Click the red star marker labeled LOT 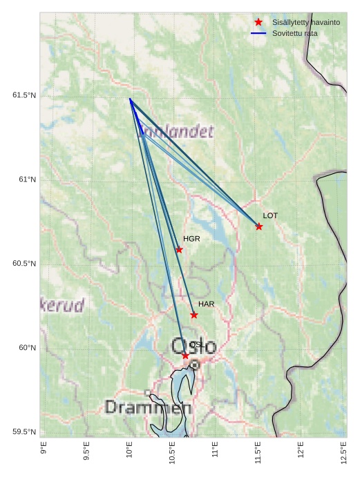[258, 226]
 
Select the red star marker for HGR [179, 250]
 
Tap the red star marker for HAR [194, 315]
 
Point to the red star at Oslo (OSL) [185, 356]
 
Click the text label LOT [270, 215]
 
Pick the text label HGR [191, 239]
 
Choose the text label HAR [206, 304]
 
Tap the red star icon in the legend [258, 22]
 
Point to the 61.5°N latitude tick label [23, 95]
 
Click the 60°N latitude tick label [27, 348]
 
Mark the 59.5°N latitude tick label [23, 432]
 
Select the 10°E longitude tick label [129, 450]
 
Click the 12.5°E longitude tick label [343, 452]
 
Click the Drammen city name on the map [148, 407]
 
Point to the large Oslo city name [193, 345]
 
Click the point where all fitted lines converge [129, 99]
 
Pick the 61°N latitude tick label [27, 179]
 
